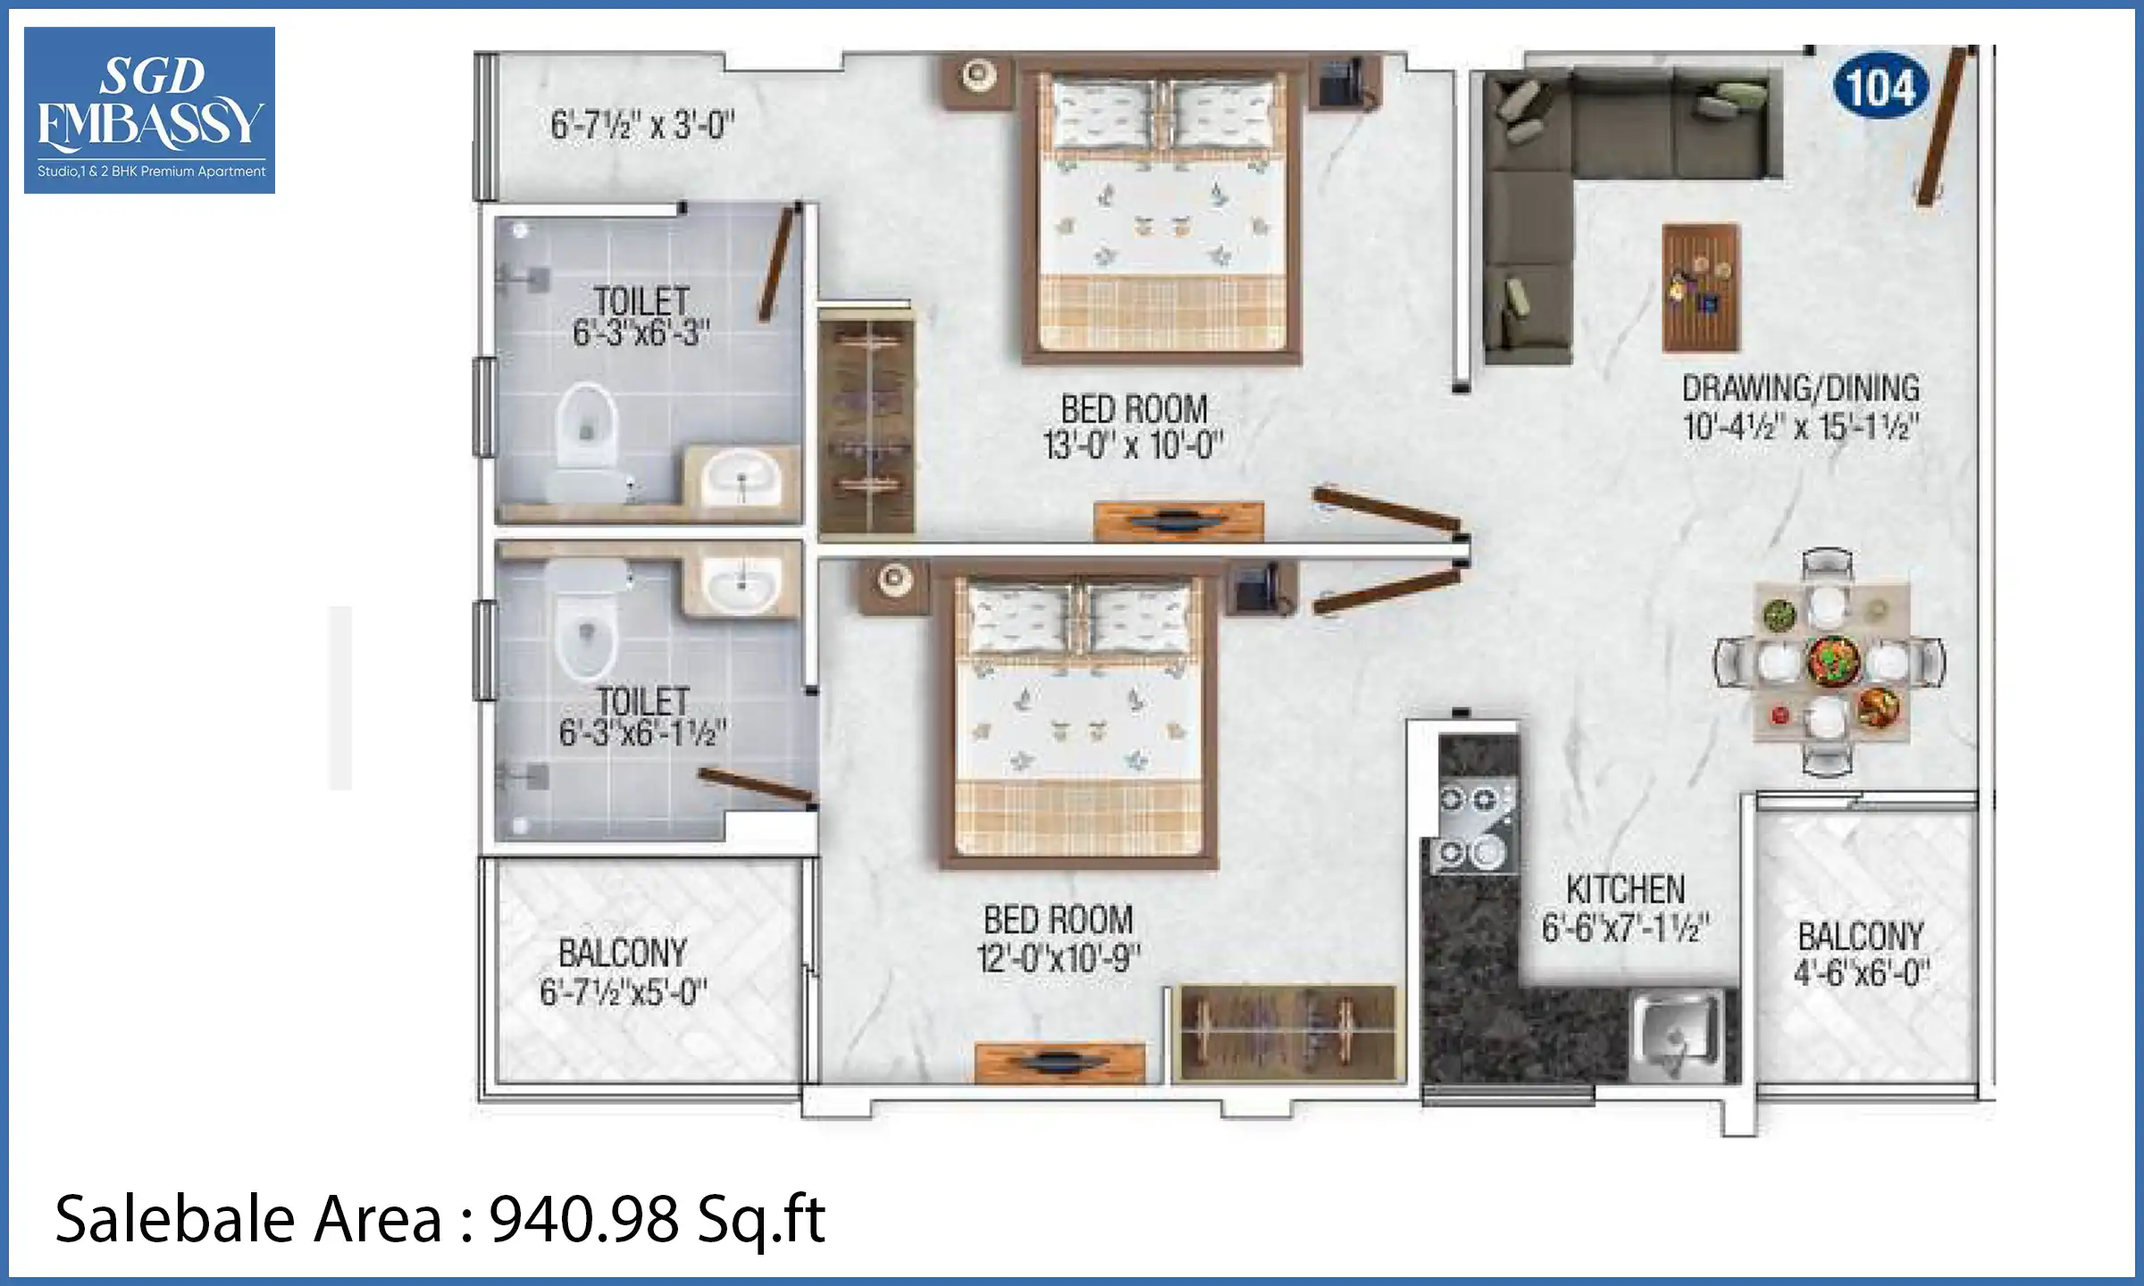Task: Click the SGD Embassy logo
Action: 149,110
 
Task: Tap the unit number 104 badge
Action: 1880,88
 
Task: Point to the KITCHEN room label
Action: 1625,889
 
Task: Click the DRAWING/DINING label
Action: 1800,388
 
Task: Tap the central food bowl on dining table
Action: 1833,662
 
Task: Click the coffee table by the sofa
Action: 1701,288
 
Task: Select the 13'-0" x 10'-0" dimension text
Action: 1132,445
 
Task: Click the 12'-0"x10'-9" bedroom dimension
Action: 1059,958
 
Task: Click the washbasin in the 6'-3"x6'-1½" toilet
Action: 741,582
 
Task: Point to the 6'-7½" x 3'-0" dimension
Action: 641,126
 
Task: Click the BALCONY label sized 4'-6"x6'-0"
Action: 1861,937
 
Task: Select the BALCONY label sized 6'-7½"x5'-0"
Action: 623,953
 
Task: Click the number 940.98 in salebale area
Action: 583,1220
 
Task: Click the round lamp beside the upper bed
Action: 979,76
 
